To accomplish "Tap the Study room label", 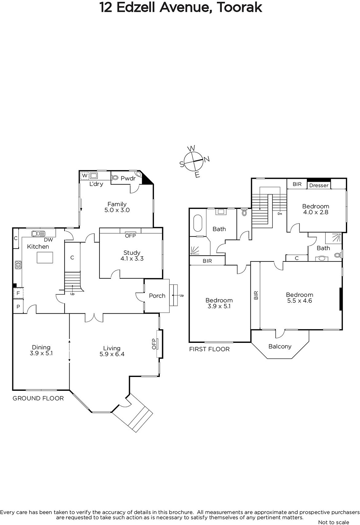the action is (x=132, y=253).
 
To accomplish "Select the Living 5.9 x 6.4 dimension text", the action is (x=112, y=354).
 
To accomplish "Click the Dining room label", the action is (x=41, y=347).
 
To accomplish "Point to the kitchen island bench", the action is (x=45, y=257).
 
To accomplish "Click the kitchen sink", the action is (x=38, y=233).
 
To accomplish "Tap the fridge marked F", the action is (x=18, y=293).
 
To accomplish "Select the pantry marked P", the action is (x=18, y=306).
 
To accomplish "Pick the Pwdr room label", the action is (x=128, y=178).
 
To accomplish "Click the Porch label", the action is (x=157, y=296).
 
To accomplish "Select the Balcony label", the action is (x=280, y=346).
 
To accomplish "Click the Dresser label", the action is (x=319, y=185).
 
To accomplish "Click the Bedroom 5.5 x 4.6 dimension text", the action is (x=300, y=301).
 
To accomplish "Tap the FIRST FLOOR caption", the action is (x=209, y=349).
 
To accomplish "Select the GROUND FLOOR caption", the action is (x=38, y=398).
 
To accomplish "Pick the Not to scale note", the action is (x=333, y=522).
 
